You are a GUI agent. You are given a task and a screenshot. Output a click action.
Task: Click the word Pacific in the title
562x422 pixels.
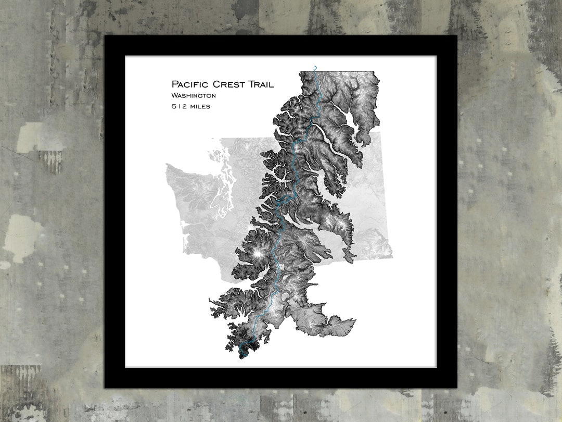(x=190, y=84)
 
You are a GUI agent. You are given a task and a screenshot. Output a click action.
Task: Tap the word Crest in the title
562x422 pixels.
(x=232, y=84)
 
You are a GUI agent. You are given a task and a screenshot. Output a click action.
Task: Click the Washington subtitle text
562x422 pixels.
(x=194, y=96)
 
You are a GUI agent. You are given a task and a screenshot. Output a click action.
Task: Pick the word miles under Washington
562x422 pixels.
(x=200, y=106)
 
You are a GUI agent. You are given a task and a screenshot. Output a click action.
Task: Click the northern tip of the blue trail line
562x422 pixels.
(x=315, y=66)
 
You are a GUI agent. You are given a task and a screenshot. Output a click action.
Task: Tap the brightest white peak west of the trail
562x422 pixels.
(x=257, y=253)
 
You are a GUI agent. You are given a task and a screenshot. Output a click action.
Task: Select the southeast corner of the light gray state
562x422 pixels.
(x=392, y=257)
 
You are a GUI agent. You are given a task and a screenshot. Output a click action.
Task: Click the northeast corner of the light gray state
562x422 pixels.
(x=380, y=132)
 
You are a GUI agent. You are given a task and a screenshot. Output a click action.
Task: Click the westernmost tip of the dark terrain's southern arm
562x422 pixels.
(x=210, y=301)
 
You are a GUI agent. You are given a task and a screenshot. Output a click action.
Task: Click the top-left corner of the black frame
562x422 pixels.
(x=105, y=36)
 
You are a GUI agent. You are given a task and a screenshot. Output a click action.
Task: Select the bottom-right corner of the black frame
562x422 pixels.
(x=456, y=387)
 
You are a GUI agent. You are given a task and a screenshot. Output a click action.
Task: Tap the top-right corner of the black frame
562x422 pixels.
(x=456, y=36)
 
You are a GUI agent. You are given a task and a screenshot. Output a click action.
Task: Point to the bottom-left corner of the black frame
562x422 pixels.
(x=105, y=387)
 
